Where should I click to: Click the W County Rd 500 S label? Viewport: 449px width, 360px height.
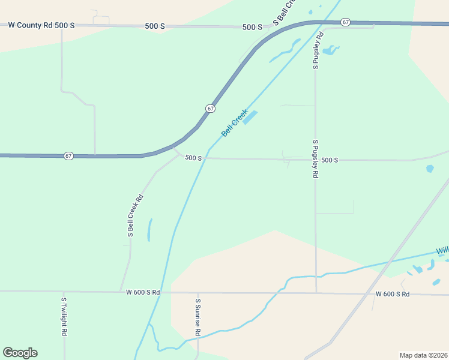pos(41,26)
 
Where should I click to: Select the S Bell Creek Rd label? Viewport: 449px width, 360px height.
pos(135,215)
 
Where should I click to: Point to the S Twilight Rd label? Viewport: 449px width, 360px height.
pos(64,316)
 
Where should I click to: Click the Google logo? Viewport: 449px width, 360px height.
pos(20,353)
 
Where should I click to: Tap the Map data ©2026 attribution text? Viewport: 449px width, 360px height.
pos(423,355)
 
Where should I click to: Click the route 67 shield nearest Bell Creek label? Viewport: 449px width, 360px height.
pos(210,109)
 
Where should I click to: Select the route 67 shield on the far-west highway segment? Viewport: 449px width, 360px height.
pos(69,156)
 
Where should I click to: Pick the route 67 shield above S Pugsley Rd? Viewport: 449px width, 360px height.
pos(345,22)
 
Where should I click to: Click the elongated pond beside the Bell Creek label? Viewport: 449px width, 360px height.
pos(250,117)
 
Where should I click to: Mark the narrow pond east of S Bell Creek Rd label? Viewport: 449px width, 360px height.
pos(149,230)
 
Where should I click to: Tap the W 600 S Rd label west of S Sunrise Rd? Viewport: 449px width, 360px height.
pos(143,292)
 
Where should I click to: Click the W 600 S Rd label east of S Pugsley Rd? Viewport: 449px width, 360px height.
pos(393,294)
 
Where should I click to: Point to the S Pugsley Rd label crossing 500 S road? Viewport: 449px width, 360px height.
pos(315,159)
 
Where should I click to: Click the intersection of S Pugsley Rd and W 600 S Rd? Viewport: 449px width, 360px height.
pos(316,293)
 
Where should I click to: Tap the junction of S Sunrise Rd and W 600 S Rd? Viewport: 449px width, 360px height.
pos(197,293)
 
